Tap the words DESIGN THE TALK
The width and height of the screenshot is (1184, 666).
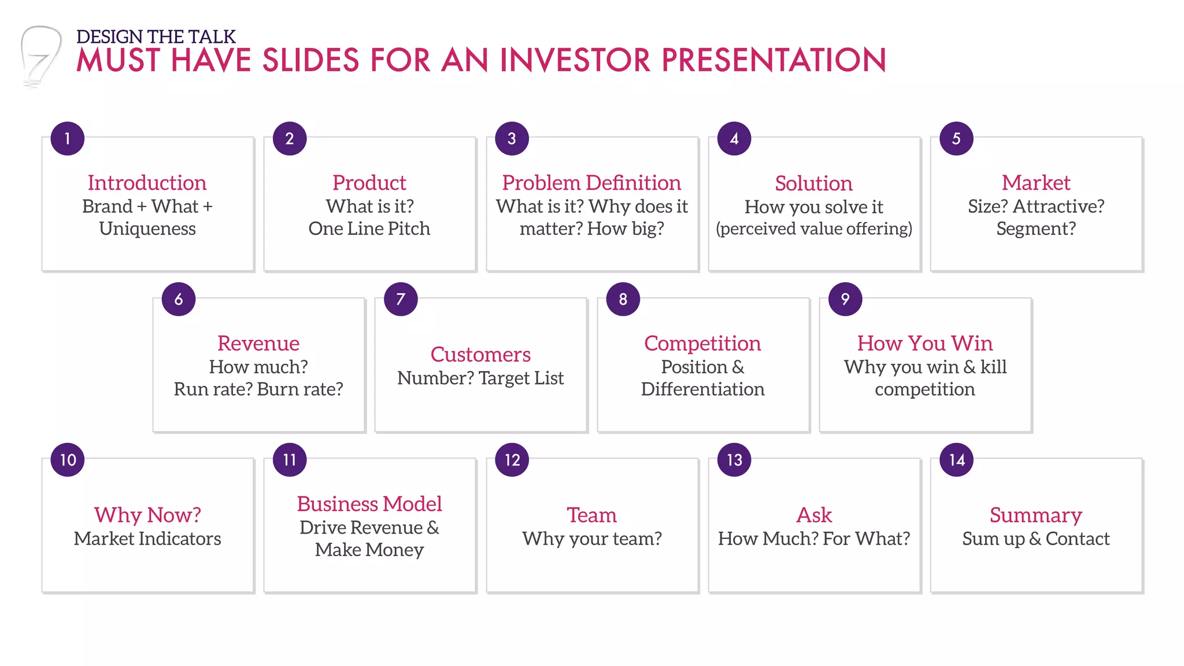coord(156,36)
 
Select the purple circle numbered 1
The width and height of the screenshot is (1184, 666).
coord(67,139)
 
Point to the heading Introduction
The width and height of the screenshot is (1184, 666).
coord(147,183)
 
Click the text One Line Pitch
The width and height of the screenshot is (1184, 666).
coord(369,228)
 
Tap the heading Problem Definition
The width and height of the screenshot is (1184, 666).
coord(591,183)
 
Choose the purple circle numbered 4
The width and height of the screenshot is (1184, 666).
coord(734,139)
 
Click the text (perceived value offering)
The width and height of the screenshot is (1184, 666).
coord(813,228)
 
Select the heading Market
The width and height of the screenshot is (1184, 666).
coord(1035,183)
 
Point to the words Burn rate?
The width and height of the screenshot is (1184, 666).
coord(300,389)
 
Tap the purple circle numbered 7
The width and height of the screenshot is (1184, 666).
coord(401,299)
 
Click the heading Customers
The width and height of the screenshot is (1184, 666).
coord(480,354)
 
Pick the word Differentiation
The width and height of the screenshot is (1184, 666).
coord(702,389)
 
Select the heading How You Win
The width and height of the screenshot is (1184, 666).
coord(924,343)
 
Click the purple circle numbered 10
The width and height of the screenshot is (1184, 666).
coord(67,460)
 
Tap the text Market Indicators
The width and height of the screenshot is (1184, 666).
coord(147,538)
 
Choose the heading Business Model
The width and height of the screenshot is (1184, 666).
coord(369,504)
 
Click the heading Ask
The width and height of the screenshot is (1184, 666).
coord(813,515)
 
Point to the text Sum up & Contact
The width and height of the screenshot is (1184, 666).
coord(1035,538)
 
